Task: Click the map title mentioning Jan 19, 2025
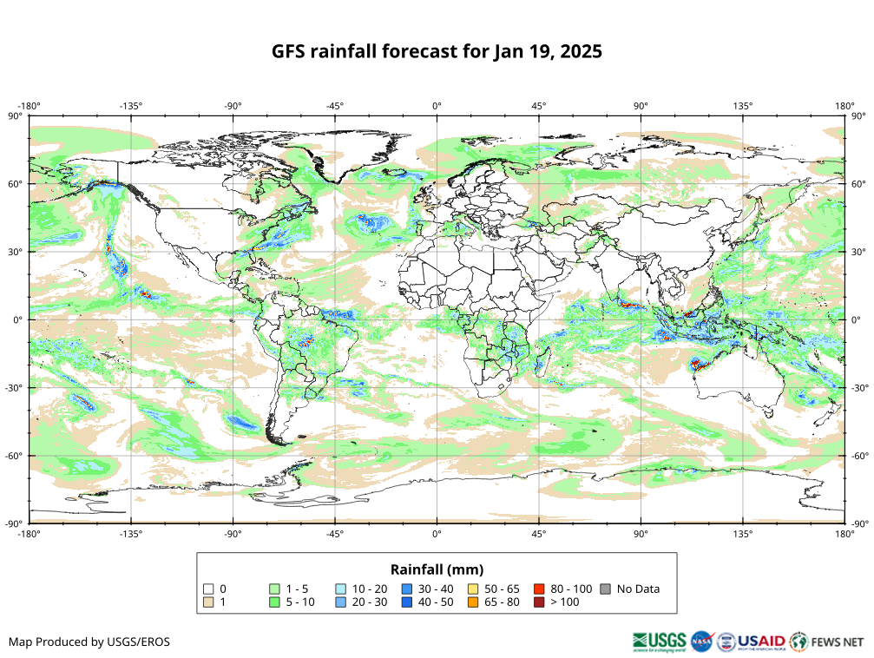pyautogui.click(x=437, y=51)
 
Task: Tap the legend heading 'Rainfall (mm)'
pyautogui.click(x=437, y=569)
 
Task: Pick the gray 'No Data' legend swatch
pyautogui.click(x=605, y=589)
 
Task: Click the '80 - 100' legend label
pyautogui.click(x=572, y=589)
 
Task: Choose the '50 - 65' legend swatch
pyautogui.click(x=473, y=589)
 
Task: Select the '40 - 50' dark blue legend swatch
pyautogui.click(x=407, y=602)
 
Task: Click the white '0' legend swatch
pyautogui.click(x=208, y=589)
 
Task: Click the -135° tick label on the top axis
pyautogui.click(x=131, y=106)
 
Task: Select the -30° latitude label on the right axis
pyautogui.click(x=859, y=387)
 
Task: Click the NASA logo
pyautogui.click(x=701, y=642)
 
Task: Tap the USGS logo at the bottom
pyautogui.click(x=660, y=642)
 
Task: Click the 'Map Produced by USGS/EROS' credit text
pyautogui.click(x=89, y=642)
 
